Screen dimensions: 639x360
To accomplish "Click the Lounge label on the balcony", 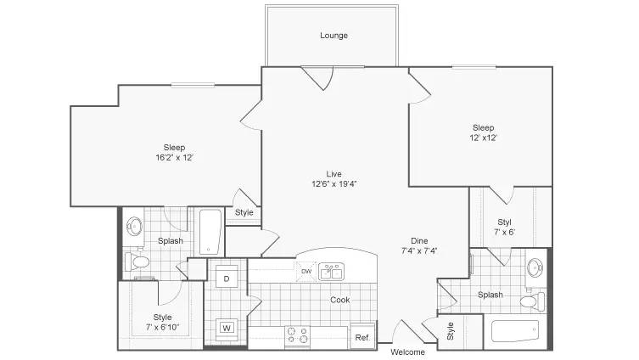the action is pos(334,36).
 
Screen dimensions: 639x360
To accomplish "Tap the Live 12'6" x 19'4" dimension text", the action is pos(334,184).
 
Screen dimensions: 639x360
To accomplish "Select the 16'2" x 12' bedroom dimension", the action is pos(175,157).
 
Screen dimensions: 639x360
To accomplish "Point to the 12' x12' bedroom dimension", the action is pos(484,138).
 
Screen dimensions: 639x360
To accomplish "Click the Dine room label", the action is pos(419,240).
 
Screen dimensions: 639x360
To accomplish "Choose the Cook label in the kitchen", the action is pos(340,300).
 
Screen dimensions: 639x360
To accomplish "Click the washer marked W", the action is pos(227,328).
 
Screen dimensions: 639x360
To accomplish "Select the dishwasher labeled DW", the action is pos(306,271).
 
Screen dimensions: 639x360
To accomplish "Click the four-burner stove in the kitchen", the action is pos(297,335).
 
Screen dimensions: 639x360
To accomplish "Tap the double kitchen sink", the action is pos(331,272).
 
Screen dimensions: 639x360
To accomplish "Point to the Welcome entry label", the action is pos(407,352).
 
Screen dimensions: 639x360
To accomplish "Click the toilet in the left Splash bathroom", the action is pos(137,262).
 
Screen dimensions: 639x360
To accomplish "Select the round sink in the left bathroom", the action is pos(134,227).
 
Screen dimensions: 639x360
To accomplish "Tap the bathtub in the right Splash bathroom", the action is pos(515,331).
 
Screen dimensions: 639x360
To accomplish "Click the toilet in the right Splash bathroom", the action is pos(532,301).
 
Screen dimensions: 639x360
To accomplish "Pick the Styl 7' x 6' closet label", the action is pos(505,227).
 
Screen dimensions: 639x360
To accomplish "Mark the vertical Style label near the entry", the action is pos(451,331).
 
